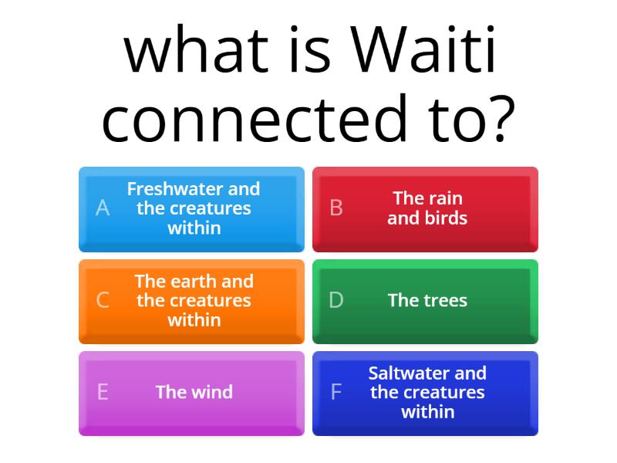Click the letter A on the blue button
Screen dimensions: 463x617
(x=103, y=208)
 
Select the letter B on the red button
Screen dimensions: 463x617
(x=336, y=208)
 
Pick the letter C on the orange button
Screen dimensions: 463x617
(x=103, y=300)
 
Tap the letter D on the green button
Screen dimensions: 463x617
(x=336, y=300)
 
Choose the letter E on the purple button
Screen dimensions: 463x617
(x=103, y=392)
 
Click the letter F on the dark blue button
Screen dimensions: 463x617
(x=336, y=392)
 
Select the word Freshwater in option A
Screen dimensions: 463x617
(x=176, y=189)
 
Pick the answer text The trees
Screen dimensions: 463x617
(x=427, y=300)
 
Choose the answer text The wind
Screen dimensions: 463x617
(x=194, y=392)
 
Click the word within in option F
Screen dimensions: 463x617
(x=427, y=412)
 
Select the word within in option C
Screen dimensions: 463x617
(x=194, y=320)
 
